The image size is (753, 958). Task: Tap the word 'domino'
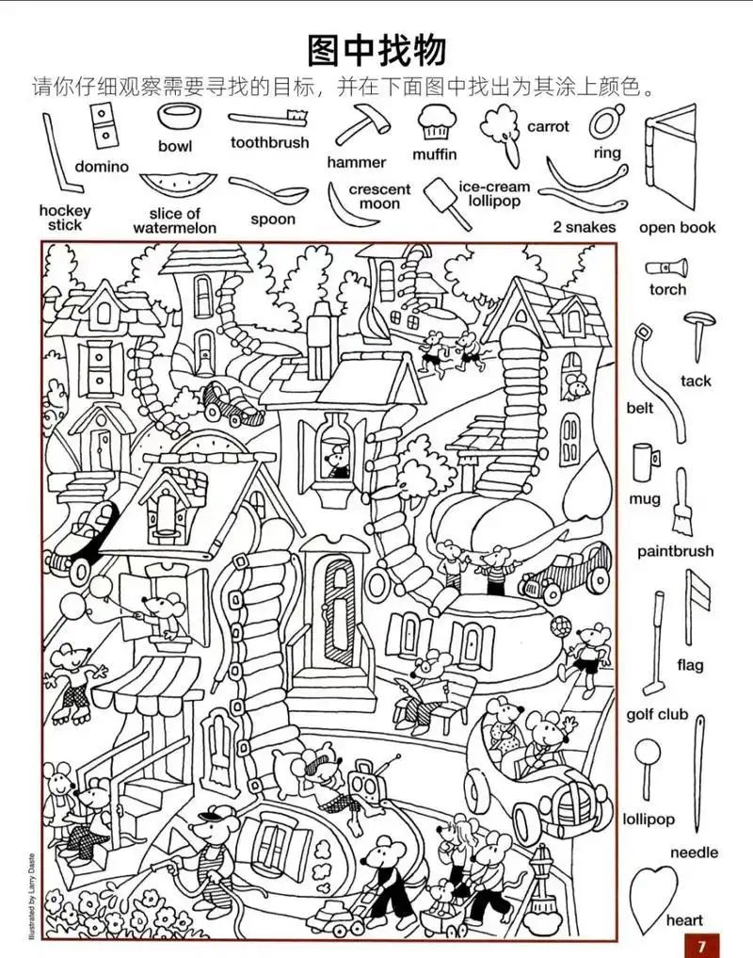[x=102, y=167]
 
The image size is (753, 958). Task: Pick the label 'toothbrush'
[x=269, y=142]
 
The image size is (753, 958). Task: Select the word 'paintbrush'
[x=675, y=551]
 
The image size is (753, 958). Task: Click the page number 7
[x=702, y=943]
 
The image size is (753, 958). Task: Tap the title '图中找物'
[x=376, y=49]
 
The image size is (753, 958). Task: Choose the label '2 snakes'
[x=584, y=227]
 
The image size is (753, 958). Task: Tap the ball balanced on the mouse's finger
[x=563, y=625]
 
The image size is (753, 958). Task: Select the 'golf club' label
[x=657, y=715]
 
